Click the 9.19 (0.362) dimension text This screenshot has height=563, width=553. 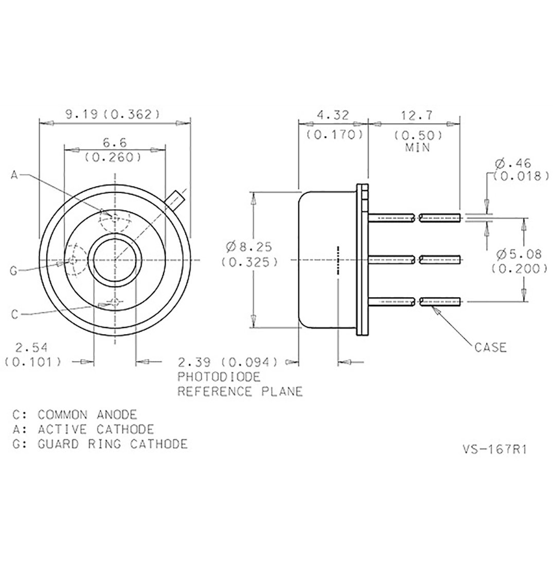click(x=112, y=114)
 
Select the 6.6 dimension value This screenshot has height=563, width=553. click(x=115, y=142)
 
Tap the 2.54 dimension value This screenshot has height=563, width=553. click(x=31, y=348)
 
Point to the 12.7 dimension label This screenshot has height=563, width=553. click(x=417, y=116)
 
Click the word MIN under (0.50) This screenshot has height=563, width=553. click(x=418, y=147)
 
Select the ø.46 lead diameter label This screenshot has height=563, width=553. click(x=513, y=164)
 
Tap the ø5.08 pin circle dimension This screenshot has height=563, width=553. click(x=519, y=254)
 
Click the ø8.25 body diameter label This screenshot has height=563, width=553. click(x=249, y=247)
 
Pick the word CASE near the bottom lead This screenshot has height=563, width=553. click(x=490, y=348)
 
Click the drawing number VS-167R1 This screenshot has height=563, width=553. click(x=494, y=449)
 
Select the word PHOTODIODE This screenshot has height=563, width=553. click(x=219, y=377)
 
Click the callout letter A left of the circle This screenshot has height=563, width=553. click(x=14, y=175)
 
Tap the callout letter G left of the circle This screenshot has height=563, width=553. click(x=14, y=271)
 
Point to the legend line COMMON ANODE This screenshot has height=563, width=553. click(x=87, y=415)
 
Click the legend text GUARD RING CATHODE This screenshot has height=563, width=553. click(x=113, y=444)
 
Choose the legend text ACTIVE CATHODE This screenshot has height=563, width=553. click(x=96, y=429)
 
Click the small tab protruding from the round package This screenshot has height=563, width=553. click(x=176, y=199)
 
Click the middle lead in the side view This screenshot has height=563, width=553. click(x=414, y=259)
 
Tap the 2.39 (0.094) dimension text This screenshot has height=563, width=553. click(x=228, y=362)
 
